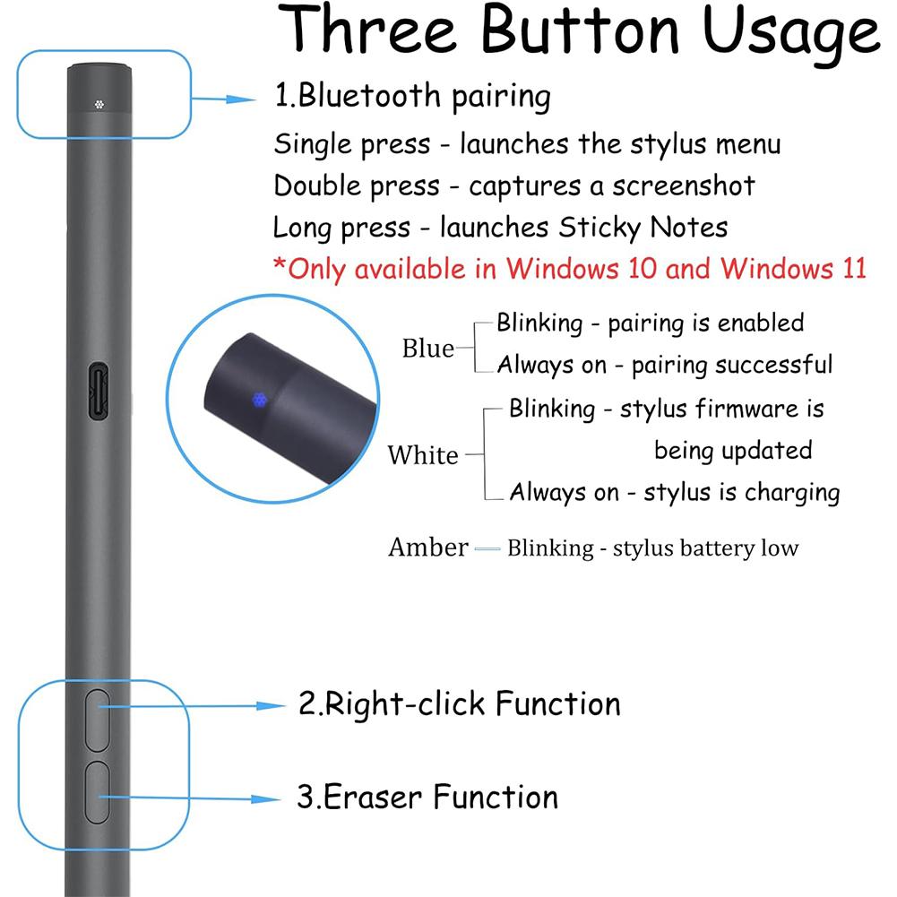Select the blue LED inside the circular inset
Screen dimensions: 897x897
click(259, 399)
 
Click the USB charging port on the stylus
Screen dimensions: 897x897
click(99, 390)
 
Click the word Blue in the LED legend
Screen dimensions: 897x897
click(427, 349)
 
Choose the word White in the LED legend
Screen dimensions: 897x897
click(422, 455)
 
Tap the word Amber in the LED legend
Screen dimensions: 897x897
click(427, 547)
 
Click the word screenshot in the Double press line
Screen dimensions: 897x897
click(684, 186)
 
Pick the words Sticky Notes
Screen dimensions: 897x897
click(643, 228)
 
